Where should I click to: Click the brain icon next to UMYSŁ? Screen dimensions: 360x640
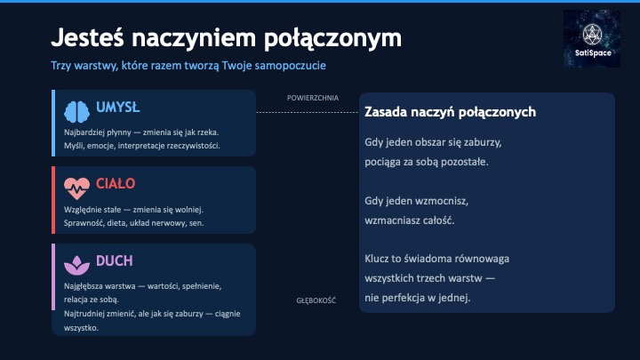pyautogui.click(x=76, y=110)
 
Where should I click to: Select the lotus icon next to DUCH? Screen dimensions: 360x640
pyautogui.click(x=76, y=264)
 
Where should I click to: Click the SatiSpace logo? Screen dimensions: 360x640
pyautogui.click(x=592, y=39)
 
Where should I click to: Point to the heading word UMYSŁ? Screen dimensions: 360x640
pyautogui.click(x=117, y=108)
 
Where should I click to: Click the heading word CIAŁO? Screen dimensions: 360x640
pyautogui.click(x=116, y=184)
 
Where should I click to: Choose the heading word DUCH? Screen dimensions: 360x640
pyautogui.click(x=115, y=261)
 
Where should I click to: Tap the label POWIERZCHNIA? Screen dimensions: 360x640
pyautogui.click(x=312, y=98)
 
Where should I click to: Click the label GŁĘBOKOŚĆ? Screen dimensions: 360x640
pyautogui.click(x=316, y=300)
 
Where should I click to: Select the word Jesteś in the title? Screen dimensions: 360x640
pyautogui.click(x=90, y=38)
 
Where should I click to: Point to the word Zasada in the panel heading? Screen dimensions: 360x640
pyautogui.click(x=388, y=113)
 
